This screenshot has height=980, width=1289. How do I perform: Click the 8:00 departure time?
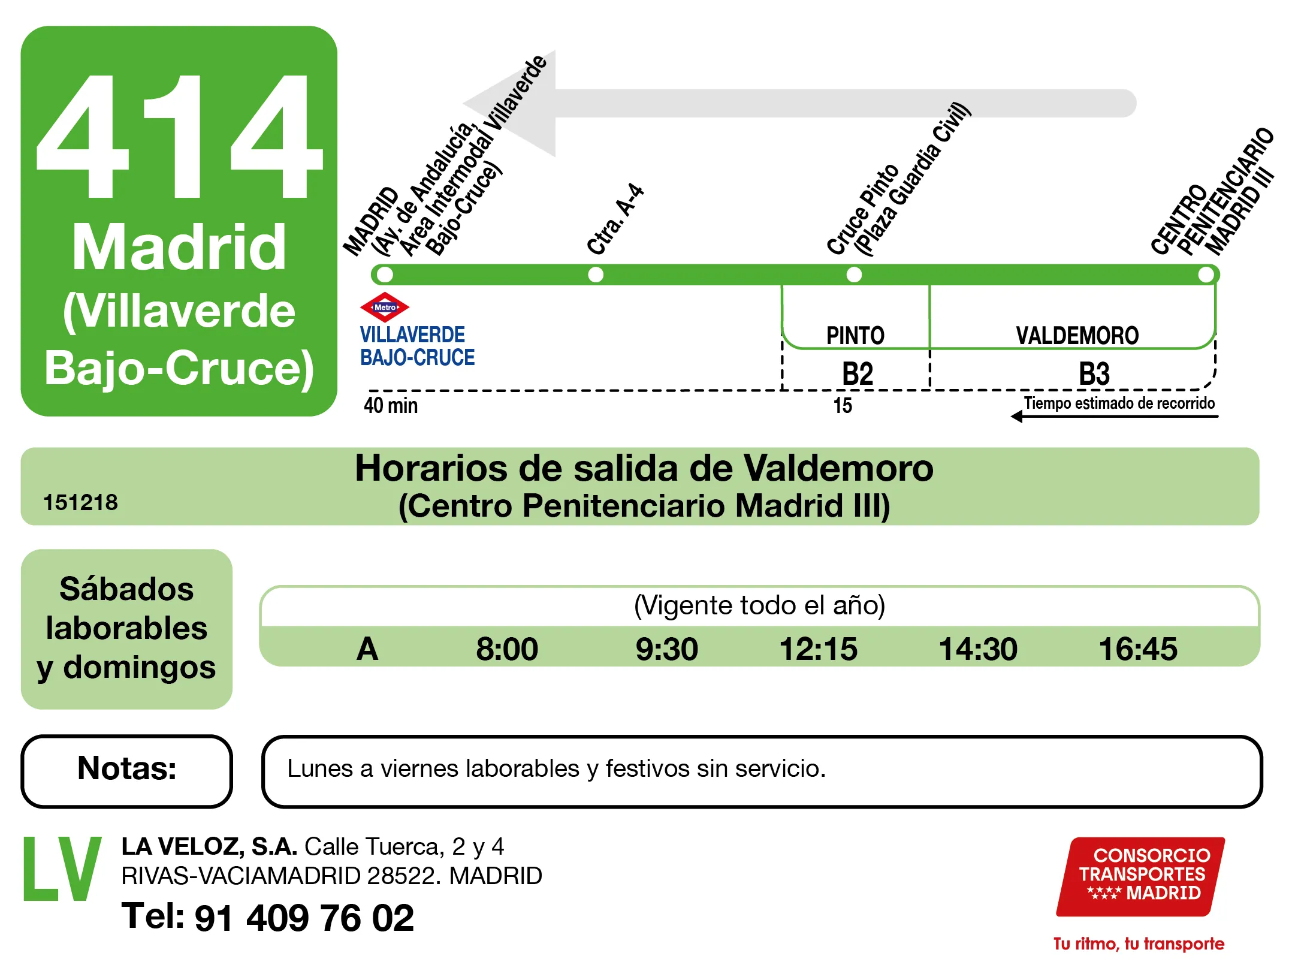(507, 649)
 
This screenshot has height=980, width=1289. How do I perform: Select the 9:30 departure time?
(666, 649)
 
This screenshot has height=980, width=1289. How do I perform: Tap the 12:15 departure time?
(818, 649)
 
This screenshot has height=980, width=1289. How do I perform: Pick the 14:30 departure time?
(978, 649)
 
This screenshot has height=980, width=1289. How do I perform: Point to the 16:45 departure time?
(1137, 649)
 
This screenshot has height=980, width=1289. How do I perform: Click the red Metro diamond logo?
(385, 307)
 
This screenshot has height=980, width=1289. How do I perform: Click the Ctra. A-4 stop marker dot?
(596, 275)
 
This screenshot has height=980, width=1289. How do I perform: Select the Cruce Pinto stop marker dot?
(854, 275)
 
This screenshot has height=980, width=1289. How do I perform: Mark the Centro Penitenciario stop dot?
(1206, 275)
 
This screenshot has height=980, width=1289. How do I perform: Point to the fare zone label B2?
(858, 373)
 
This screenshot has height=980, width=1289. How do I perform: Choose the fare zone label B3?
(1094, 373)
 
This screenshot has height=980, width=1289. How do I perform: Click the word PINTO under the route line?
(855, 336)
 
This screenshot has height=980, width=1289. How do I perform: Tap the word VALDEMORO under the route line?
(1077, 336)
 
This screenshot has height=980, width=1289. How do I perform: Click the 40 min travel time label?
(391, 405)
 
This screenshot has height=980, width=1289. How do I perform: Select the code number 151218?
(80, 502)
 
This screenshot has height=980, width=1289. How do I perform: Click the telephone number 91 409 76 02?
(304, 918)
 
